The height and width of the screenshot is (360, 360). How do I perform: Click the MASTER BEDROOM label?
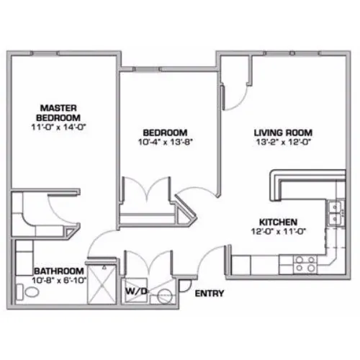pos(58,113)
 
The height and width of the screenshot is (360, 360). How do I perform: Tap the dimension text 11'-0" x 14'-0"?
pos(58,127)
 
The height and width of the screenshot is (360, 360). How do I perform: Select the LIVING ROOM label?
pos(283,132)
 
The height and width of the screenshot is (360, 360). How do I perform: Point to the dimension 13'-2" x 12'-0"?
pos(284,142)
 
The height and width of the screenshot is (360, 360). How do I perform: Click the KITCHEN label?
pos(279,222)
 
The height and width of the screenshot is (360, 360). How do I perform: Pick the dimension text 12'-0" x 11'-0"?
pos(279,231)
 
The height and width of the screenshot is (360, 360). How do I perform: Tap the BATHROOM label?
pos(59,271)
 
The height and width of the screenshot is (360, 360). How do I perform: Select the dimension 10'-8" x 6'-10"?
pos(59,280)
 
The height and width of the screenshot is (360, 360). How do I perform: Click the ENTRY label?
pos(210,293)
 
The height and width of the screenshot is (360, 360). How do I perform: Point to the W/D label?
pos(136,291)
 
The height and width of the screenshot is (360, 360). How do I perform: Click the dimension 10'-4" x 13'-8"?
pos(166,142)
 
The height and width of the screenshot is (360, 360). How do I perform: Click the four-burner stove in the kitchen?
pos(305,264)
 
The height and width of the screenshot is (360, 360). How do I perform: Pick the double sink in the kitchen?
pos(336,213)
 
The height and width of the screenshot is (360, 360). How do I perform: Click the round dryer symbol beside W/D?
pos(165,297)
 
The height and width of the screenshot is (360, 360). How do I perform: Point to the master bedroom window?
pos(45,53)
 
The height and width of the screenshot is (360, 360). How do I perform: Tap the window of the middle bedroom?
pos(147,69)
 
